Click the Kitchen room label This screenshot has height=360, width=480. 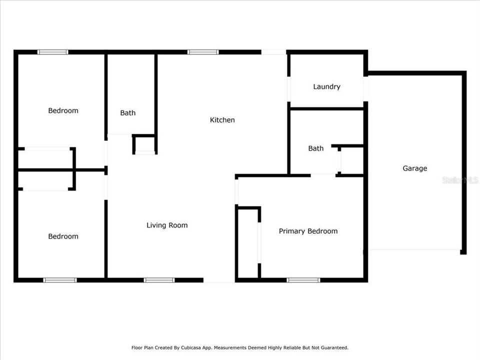click(x=222, y=120)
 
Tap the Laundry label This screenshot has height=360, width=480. click(x=326, y=86)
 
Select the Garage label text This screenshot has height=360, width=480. click(x=415, y=168)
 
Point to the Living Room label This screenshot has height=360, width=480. click(x=167, y=225)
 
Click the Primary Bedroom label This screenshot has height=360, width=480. click(x=308, y=231)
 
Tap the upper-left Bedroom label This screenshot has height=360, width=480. click(x=63, y=110)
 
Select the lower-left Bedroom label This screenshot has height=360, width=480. click(x=63, y=236)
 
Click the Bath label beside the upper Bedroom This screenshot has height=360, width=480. click(x=127, y=113)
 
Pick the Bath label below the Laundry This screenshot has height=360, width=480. click(x=315, y=148)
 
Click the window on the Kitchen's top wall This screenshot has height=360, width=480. click(x=203, y=51)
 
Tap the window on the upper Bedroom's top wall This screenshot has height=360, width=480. click(x=53, y=51)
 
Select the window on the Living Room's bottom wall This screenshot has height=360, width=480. click(x=159, y=280)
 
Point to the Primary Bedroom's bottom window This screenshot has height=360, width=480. click(x=303, y=280)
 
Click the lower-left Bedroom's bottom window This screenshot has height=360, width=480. click(x=60, y=280)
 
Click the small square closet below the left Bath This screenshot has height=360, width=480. click(x=144, y=145)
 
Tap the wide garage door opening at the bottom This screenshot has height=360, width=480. click(x=414, y=249)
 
